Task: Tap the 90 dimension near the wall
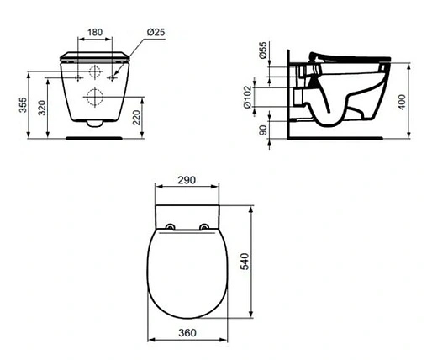[262, 132]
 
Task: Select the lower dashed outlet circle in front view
[94, 96]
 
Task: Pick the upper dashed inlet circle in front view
[94, 71]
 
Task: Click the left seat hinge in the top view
[171, 226]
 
